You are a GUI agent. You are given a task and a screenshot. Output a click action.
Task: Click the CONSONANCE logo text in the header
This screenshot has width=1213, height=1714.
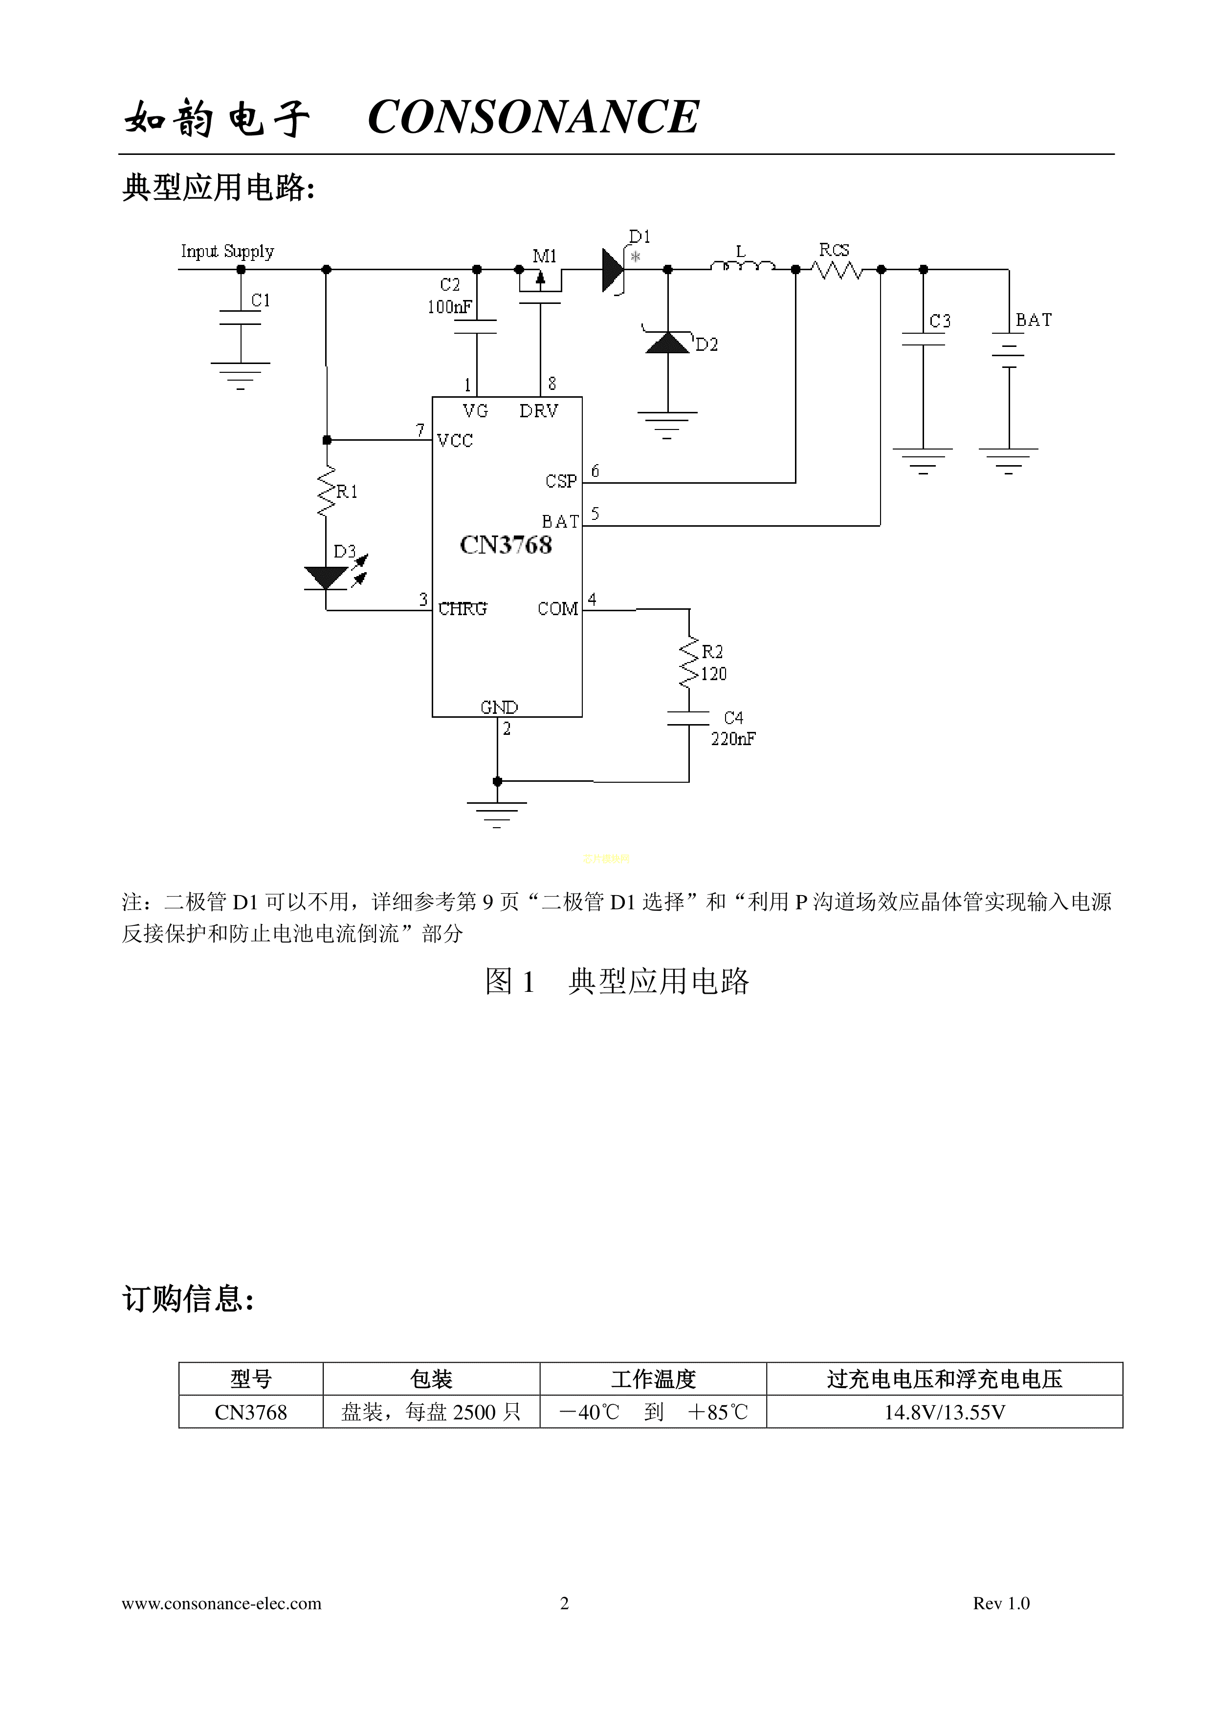(533, 117)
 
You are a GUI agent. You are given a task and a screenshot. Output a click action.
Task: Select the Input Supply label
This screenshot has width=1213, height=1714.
(227, 252)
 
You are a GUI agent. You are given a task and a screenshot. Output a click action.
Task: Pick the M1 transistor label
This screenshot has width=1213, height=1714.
(545, 256)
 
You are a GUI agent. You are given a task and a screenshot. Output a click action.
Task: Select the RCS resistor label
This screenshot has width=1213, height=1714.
(834, 250)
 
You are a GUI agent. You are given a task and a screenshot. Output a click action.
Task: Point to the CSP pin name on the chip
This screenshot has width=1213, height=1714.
(561, 481)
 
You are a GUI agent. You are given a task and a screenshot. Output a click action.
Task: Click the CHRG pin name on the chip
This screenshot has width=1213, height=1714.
(463, 609)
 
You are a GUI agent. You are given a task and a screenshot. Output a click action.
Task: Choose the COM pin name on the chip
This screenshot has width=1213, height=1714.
(558, 609)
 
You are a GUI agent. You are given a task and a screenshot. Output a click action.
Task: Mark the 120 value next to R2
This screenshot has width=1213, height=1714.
(713, 674)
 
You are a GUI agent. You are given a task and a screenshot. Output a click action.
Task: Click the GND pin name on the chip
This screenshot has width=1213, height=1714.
(499, 707)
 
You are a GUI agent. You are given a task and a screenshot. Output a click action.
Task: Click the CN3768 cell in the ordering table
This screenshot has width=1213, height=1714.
(251, 1413)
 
